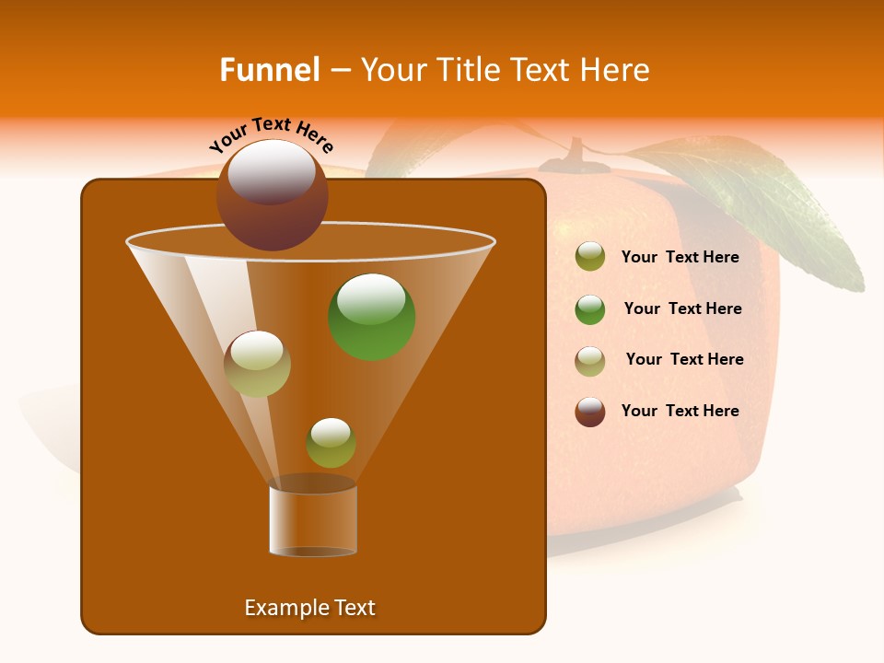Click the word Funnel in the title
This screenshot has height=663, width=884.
[269, 70]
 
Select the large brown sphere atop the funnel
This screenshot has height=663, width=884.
[273, 194]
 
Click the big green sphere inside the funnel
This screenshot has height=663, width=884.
[372, 316]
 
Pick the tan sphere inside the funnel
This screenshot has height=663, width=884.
[257, 364]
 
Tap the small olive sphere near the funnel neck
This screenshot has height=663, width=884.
[331, 443]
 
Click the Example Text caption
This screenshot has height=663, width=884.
[309, 608]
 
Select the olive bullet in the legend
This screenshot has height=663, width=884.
[590, 257]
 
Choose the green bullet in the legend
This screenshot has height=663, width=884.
[590, 309]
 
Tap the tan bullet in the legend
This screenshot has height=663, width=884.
[590, 361]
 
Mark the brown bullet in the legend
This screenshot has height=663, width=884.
[590, 412]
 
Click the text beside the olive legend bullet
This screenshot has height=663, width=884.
[680, 258]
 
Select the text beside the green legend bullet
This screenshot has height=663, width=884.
[682, 309]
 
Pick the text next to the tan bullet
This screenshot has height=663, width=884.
[684, 360]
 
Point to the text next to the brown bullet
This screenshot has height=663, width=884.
[680, 412]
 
